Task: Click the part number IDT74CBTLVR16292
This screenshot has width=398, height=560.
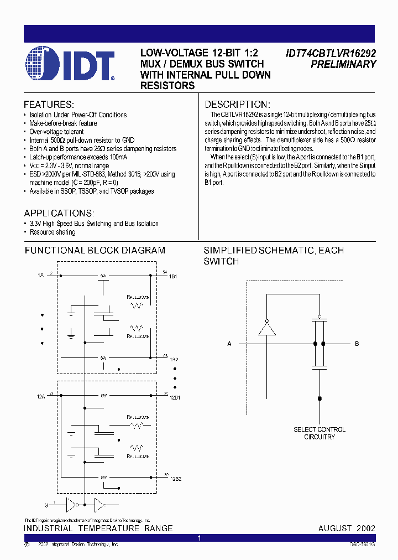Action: tap(331, 54)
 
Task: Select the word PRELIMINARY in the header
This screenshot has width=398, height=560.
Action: tap(343, 64)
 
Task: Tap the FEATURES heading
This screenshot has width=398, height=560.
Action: tap(49, 105)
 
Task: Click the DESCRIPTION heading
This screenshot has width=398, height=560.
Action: tap(237, 105)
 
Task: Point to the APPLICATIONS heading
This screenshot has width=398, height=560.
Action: tap(59, 213)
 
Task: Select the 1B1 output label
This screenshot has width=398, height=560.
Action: tap(173, 276)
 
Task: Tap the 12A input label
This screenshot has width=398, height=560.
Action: tap(41, 396)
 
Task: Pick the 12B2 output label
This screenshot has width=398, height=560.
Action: tap(175, 479)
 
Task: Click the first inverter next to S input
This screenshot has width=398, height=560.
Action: tap(71, 505)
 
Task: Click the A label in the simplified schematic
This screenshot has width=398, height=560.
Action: tap(229, 344)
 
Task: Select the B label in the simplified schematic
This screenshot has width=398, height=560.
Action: tap(357, 344)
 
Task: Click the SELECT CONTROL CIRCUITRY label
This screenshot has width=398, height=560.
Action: tap(320, 433)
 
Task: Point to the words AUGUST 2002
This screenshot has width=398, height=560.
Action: tap(347, 528)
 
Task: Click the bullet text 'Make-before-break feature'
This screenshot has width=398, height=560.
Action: tap(63, 123)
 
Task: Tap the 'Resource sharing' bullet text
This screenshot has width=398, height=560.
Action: tap(53, 232)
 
